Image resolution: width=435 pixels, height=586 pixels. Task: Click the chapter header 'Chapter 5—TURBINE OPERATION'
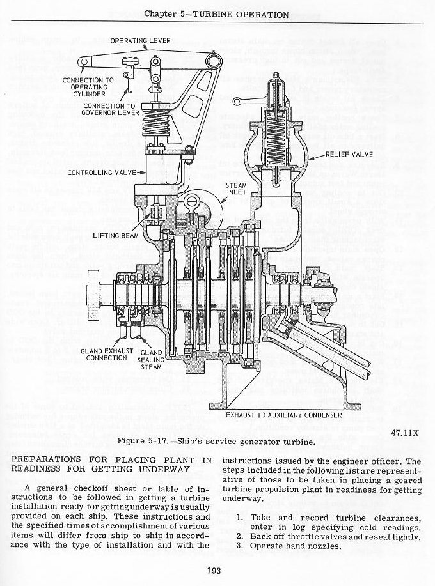pos(217,14)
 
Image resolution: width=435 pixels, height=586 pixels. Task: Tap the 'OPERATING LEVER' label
pos(140,40)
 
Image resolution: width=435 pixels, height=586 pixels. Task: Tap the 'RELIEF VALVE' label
pos(351,154)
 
